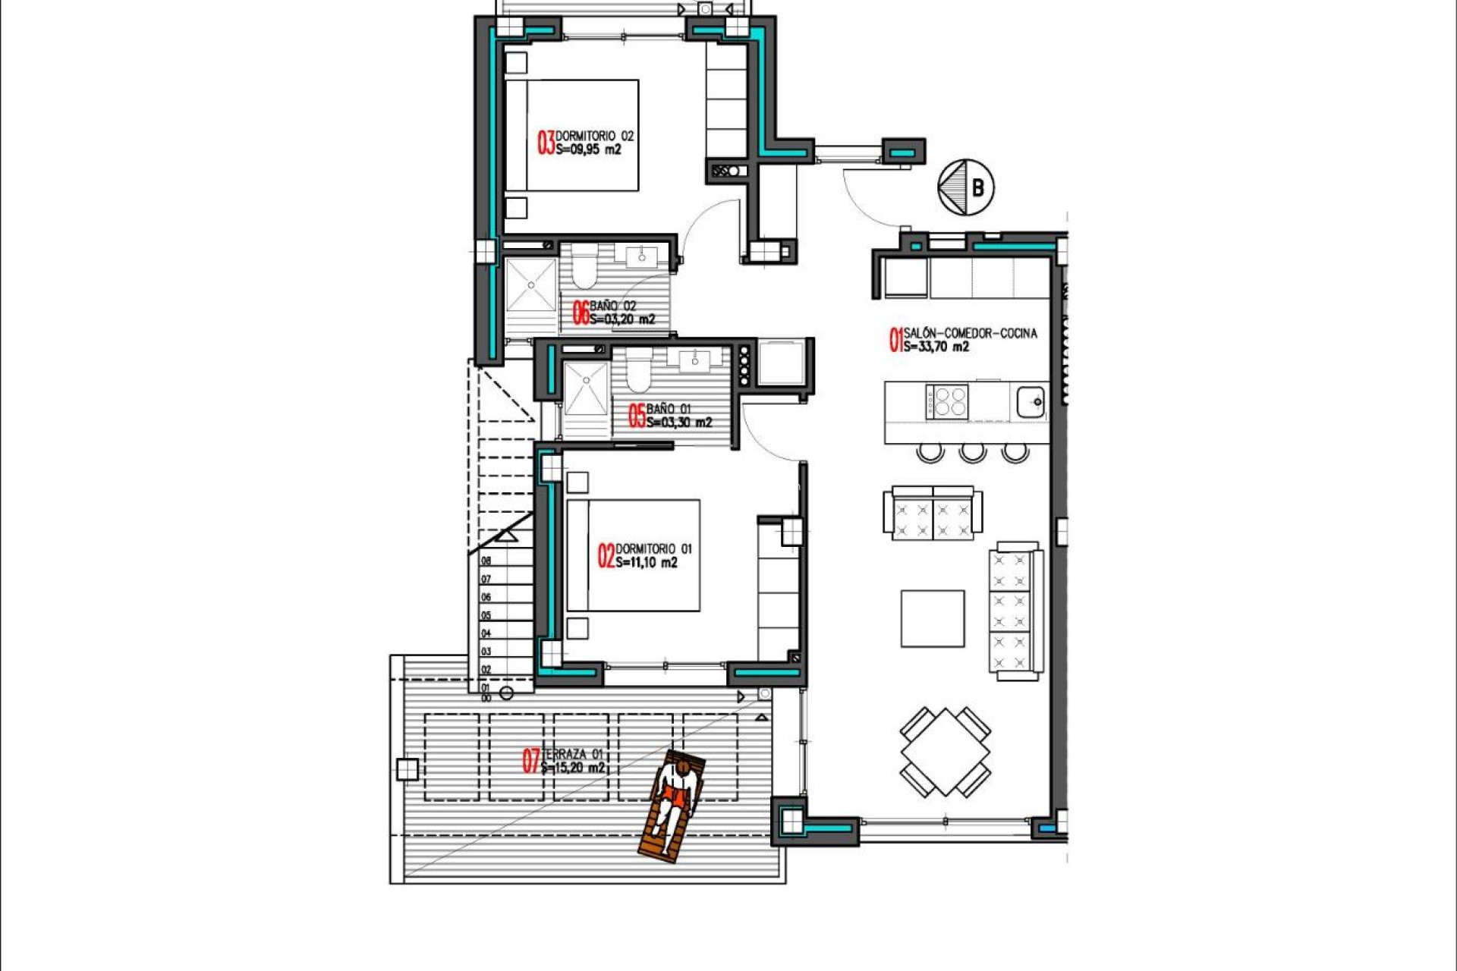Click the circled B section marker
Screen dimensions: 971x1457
(966, 187)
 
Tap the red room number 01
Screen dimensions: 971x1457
(895, 340)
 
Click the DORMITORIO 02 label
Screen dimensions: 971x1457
(594, 136)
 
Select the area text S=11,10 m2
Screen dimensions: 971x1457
(646, 563)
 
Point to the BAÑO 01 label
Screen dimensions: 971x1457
(669, 409)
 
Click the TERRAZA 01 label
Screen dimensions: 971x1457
(574, 754)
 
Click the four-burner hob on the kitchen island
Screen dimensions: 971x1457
(947, 401)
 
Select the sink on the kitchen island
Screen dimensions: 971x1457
(1030, 401)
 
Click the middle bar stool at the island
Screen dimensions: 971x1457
(972, 453)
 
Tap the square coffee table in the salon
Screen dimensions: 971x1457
(933, 619)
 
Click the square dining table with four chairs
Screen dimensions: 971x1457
(946, 753)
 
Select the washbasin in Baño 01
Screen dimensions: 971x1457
(695, 362)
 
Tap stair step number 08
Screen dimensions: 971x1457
(486, 561)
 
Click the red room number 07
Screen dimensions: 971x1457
(530, 761)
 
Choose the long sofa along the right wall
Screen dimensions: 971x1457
(1015, 611)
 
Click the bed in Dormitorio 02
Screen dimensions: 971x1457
(573, 135)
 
